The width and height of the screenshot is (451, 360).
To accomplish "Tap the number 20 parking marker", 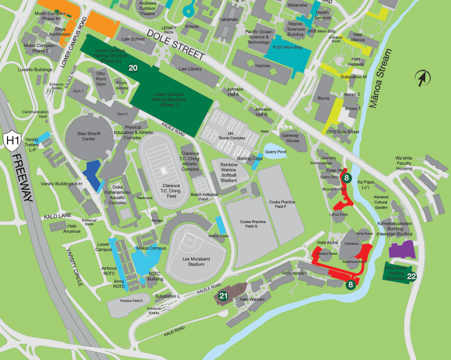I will [x=133, y=67].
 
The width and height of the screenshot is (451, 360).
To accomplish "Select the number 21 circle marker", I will [x=223, y=295].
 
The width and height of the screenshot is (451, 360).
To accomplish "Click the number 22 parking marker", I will [x=411, y=276].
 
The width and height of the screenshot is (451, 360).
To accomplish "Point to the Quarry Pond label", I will [x=276, y=151].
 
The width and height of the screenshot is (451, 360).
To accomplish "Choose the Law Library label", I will [x=190, y=69].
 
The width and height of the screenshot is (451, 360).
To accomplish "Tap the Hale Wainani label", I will [x=252, y=299].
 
